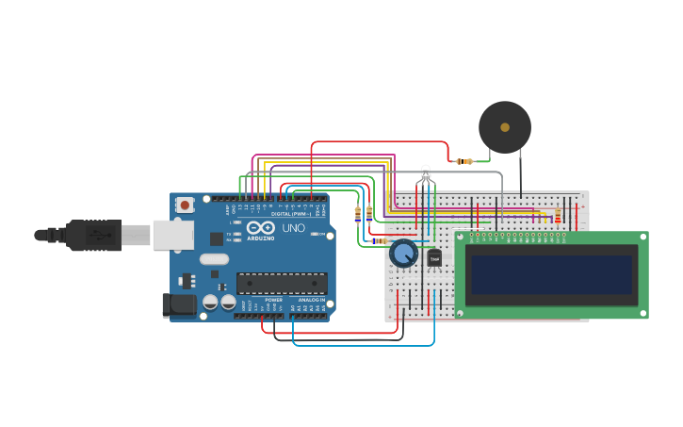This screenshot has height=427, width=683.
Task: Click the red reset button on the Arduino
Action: [x=186, y=205]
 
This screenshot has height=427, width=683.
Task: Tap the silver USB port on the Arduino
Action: [x=173, y=235]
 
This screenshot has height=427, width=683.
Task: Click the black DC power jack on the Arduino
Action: [x=179, y=305]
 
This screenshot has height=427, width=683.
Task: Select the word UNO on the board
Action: [x=294, y=228]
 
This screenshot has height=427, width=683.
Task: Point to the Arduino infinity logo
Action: [x=260, y=227]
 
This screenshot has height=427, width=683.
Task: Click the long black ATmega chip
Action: [x=282, y=283]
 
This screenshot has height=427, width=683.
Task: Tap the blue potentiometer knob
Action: [x=403, y=254]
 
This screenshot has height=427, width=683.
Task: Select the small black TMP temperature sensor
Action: [x=434, y=258]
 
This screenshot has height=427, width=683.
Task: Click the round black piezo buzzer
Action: [x=505, y=127]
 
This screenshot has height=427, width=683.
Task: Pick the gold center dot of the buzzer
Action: [x=505, y=127]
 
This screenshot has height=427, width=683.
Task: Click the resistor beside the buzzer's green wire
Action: [x=464, y=161]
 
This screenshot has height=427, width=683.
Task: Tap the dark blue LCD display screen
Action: [x=552, y=274]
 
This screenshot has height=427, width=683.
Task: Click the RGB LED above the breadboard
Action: [x=426, y=172]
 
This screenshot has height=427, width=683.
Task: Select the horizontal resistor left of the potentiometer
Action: [x=379, y=241]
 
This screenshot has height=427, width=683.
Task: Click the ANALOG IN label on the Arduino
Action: [x=311, y=300]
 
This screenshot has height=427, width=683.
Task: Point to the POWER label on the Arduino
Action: [x=273, y=300]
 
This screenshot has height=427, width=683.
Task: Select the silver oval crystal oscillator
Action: [x=214, y=259]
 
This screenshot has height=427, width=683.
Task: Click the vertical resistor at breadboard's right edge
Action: [x=557, y=217]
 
